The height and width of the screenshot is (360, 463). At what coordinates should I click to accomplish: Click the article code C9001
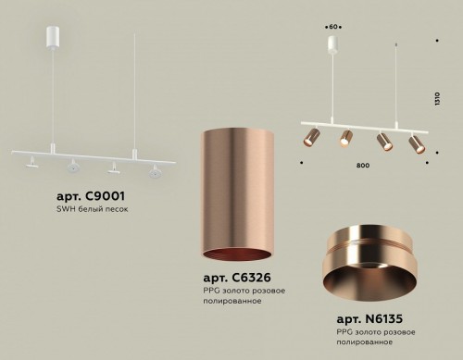tap(85, 196)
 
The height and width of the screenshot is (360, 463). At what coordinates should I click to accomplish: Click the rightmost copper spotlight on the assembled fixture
tap(415, 143)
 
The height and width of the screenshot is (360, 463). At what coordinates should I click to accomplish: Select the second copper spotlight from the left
tap(346, 138)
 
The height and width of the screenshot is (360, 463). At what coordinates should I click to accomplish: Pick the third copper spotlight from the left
tap(381, 143)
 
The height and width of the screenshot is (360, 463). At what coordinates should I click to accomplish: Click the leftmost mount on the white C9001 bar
tap(33, 164)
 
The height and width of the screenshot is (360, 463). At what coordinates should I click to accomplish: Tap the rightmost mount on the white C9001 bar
tap(154, 169)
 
